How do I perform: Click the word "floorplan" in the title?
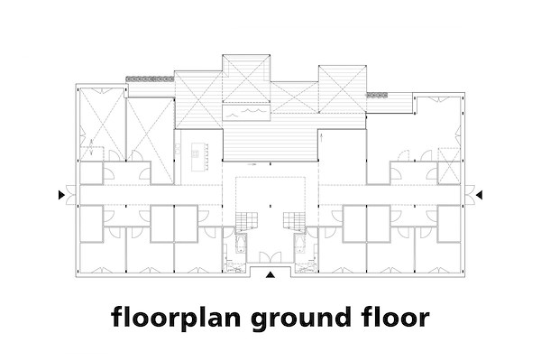[x=176, y=318]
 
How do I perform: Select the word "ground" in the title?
[x=301, y=318]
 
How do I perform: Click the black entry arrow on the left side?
[x=61, y=195]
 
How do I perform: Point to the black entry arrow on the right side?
[x=479, y=195]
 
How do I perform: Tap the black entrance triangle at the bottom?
[x=270, y=274]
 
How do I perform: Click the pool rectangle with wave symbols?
[x=245, y=113]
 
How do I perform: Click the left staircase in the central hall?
[x=247, y=221]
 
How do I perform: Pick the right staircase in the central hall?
[x=294, y=221]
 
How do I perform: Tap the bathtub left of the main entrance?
[x=240, y=244]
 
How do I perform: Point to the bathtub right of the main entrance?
[x=300, y=244]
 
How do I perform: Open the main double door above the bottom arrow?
[x=270, y=256]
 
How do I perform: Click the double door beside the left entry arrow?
[x=70, y=195]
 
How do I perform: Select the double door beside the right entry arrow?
[x=470, y=195]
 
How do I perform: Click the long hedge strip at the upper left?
[x=150, y=79]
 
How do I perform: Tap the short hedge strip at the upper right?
[x=377, y=95]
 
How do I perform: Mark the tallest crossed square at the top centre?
[x=246, y=79]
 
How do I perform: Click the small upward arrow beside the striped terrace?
[x=322, y=137]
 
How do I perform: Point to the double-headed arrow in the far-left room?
[x=91, y=146]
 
